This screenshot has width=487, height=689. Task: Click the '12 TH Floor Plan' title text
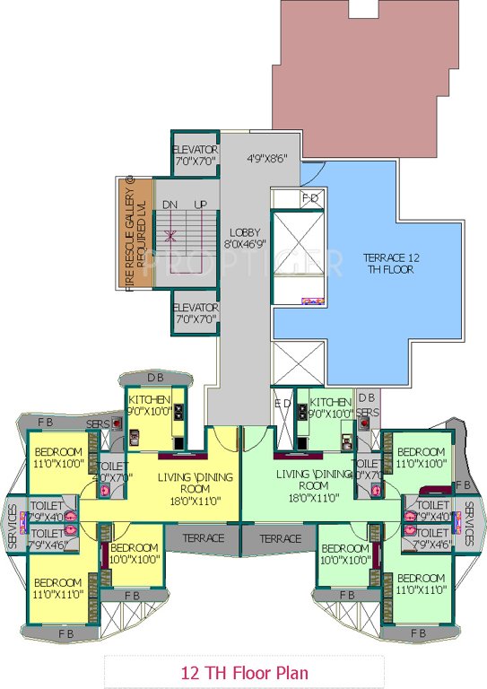coord(243,669)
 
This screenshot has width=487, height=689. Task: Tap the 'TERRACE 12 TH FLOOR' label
coord(391,263)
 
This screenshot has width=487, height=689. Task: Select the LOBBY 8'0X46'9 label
coord(243,236)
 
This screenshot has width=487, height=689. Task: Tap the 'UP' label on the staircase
coord(200,205)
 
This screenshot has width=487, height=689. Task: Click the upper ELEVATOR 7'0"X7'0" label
coord(195,154)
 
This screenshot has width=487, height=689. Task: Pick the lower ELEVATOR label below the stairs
coord(195,313)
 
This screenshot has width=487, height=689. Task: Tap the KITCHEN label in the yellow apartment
coord(150,406)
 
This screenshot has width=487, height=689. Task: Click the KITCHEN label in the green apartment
coord(331,406)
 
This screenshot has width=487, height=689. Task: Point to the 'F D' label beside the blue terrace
coord(309,197)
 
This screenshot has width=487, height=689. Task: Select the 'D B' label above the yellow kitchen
coord(154,377)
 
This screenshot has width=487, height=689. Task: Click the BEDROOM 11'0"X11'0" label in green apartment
coord(422,583)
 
